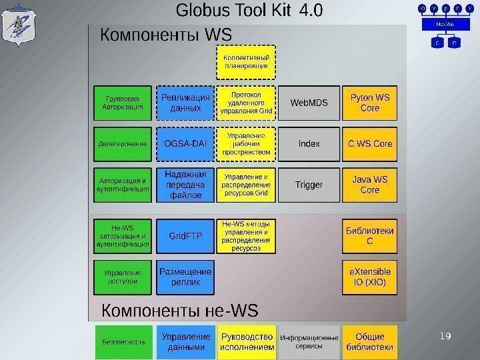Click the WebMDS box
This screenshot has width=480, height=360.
[309, 103]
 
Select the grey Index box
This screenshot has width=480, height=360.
[309, 143]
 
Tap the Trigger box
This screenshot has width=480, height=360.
[309, 185]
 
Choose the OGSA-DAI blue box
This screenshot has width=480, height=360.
[185, 143]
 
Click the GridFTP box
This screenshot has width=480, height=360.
[185, 236]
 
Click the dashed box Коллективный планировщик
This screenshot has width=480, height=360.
[246, 62]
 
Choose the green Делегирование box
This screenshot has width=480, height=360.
[123, 143]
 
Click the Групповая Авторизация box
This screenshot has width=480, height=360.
[123, 103]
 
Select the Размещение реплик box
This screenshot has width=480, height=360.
[185, 277]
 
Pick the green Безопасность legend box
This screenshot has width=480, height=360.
[123, 342]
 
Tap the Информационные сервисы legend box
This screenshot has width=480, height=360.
[309, 342]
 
